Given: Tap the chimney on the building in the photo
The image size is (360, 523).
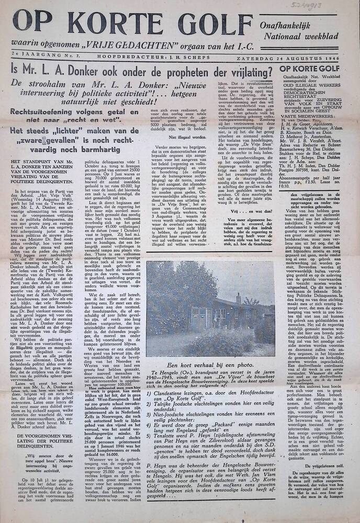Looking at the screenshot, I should pos(238,299).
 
